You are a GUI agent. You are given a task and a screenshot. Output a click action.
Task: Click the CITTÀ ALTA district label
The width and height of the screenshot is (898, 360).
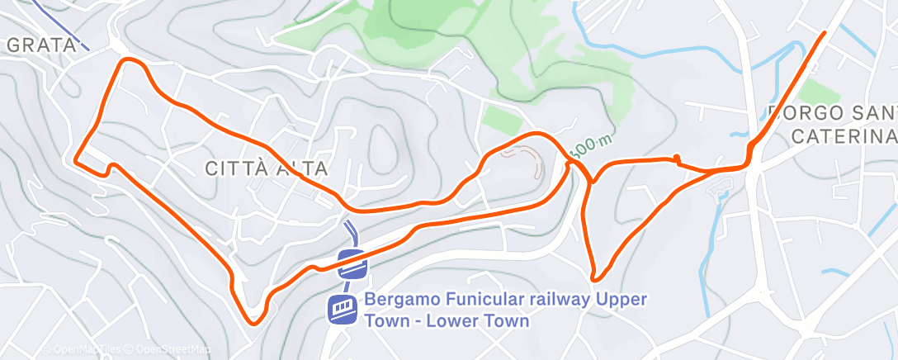266,169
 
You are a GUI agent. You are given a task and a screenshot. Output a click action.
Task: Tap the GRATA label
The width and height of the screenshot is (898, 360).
41,45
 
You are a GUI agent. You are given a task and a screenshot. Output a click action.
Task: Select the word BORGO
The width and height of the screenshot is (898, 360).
805,112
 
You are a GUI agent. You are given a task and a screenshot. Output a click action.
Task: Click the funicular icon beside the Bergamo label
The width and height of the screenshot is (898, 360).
342,310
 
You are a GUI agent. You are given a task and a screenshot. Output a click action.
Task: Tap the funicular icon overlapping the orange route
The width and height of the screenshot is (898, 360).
352,264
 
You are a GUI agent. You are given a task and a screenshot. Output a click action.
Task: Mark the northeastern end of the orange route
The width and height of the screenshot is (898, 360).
824,34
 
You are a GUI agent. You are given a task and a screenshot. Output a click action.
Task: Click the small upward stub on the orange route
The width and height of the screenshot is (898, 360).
676,158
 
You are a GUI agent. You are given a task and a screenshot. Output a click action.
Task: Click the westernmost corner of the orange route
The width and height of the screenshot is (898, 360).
76,160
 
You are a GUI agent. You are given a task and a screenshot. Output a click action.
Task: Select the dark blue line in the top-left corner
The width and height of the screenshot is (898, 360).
63,25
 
